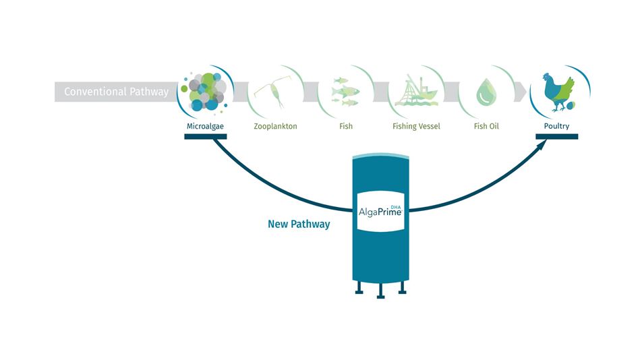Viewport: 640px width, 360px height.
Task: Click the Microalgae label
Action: tap(205, 126)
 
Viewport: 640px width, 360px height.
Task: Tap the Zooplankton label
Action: tap(276, 126)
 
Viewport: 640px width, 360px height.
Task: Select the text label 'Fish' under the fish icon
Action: tap(346, 126)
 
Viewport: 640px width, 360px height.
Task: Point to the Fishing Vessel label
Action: tap(416, 126)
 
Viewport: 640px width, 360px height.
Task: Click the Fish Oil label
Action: tap(486, 126)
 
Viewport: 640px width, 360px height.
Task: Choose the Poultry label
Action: tap(556, 126)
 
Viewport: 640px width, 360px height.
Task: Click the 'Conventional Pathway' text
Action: tap(116, 92)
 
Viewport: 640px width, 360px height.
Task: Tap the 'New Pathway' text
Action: tap(299, 224)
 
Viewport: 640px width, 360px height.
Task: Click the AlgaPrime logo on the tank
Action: tap(380, 211)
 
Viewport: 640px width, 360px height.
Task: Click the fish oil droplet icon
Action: tap(486, 92)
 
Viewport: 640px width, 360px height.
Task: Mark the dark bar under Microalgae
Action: tap(205, 137)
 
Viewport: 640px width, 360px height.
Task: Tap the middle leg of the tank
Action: tap(381, 291)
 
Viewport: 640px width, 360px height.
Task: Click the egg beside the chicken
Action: tap(571, 106)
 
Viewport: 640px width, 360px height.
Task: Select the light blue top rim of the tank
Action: tap(381, 156)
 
